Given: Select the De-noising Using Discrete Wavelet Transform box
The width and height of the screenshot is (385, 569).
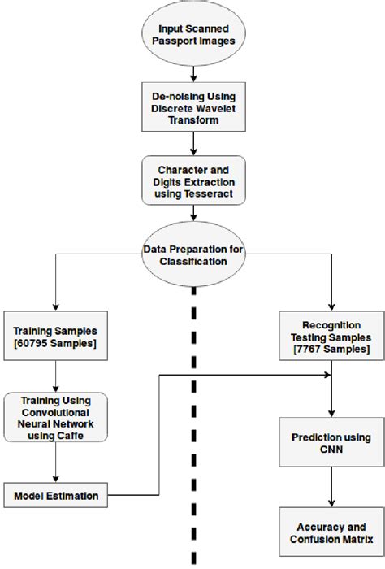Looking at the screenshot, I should coord(192,106).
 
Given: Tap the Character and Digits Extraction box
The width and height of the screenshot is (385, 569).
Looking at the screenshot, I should coord(192,179).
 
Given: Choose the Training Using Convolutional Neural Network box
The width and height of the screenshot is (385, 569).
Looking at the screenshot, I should coord(54,416).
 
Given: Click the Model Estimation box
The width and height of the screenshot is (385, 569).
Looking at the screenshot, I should coord(54,495).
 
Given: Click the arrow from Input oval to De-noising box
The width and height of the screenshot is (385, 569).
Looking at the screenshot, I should coord(192,71).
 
